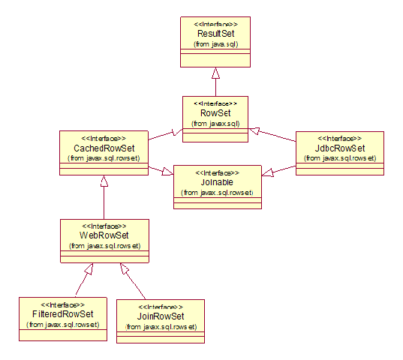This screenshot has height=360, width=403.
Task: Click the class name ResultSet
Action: [216, 34]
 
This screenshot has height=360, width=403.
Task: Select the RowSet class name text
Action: [215, 113]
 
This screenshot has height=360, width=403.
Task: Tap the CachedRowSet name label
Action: [104, 148]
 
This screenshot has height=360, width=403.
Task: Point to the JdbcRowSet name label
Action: [340, 148]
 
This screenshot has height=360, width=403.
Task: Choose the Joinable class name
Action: [217, 182]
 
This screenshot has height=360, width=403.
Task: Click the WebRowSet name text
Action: [104, 235]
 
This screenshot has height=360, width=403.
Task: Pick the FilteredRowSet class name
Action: [63, 314]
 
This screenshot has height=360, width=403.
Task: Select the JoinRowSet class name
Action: [161, 316]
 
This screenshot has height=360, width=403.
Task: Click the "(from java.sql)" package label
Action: [216, 44]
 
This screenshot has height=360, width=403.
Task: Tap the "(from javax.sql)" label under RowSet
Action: [215, 124]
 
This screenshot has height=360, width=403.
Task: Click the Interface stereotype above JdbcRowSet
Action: [340, 139]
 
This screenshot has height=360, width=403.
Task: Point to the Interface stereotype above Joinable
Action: [217, 172]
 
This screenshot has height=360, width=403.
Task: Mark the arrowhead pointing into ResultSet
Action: [215, 73]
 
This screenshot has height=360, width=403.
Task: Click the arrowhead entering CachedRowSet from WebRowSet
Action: [104, 181]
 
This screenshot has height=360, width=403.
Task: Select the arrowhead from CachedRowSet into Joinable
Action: [167, 172]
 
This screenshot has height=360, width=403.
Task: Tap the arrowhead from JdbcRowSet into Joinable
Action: [268, 172]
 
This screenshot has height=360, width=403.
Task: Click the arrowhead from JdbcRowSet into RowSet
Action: [254, 130]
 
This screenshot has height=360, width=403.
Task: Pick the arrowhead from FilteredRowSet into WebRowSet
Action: [89, 268]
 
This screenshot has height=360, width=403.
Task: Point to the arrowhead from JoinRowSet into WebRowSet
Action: [124, 268]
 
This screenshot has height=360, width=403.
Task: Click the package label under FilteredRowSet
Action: [63, 325]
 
